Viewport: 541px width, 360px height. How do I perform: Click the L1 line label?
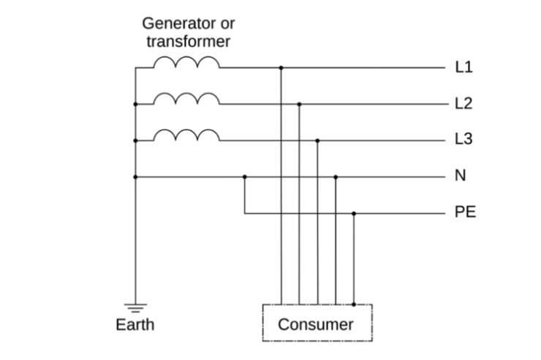pos(464,67)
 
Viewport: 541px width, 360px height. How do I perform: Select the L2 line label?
pos(464,104)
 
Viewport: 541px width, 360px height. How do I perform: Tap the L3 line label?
pos(464,140)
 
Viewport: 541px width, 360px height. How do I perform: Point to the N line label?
pos(461,176)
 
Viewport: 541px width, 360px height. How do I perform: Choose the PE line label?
pos(465,213)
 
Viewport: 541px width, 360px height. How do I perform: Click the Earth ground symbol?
pos(135,307)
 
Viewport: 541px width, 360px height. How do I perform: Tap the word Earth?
pos(135,323)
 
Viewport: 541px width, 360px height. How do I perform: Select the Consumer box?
pos(317,323)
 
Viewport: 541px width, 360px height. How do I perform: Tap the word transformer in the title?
pos(188,41)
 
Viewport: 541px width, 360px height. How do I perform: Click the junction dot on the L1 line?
pos(281,67)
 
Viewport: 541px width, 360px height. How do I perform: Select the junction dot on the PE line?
pos(354,214)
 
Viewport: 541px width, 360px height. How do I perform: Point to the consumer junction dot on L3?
pos(317,140)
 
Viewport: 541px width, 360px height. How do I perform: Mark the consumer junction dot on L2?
pos(299,104)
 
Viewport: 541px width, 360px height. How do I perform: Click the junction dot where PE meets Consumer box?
pos(354,304)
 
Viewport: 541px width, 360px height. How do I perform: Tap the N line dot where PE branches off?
pos(245,176)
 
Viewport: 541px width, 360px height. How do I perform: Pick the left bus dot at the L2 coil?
pos(135,104)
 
